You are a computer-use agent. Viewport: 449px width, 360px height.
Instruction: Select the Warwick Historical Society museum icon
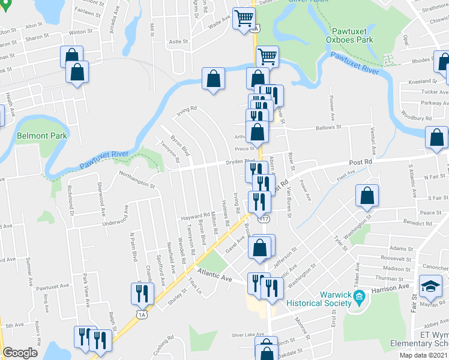point(359,296)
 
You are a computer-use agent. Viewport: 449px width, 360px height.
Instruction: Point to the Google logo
point(20,353)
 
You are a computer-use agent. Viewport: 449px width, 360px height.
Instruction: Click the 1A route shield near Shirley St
point(142,314)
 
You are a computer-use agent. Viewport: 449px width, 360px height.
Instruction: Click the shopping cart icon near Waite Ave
point(243,18)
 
